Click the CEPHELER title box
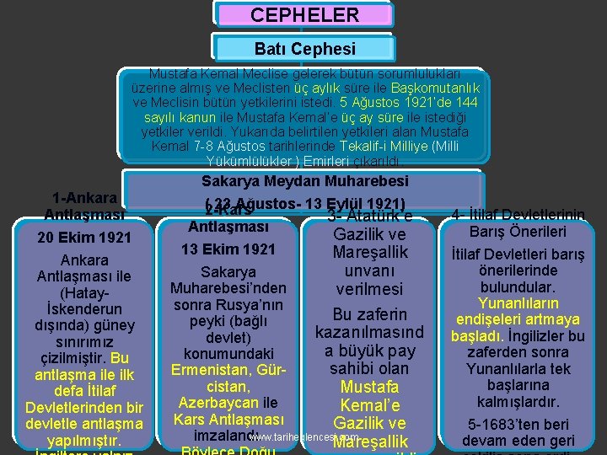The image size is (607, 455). pos(304,15)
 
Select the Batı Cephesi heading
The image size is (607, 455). pos(304,50)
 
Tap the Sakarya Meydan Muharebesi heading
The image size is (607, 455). pos(304,181)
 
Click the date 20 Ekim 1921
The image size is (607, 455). pos(84,238)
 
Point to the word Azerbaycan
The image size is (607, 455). pos(215,403)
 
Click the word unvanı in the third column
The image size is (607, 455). pos(370,270)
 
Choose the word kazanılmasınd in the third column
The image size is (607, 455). pos(370,333)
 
